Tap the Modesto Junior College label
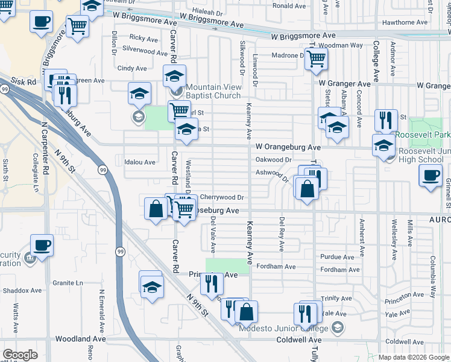click(x=283, y=328)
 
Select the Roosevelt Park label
click(x=422, y=135)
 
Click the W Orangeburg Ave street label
click(x=288, y=147)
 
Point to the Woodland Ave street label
click(x=81, y=340)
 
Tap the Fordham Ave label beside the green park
click(x=276, y=266)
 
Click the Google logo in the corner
click(x=20, y=355)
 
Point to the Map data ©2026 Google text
click(x=414, y=357)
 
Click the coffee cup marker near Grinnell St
click(x=430, y=176)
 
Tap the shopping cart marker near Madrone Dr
click(x=316, y=59)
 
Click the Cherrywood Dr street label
click(x=221, y=197)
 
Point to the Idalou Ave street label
click(x=140, y=162)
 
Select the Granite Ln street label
click(x=67, y=282)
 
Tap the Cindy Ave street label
click(x=132, y=69)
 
